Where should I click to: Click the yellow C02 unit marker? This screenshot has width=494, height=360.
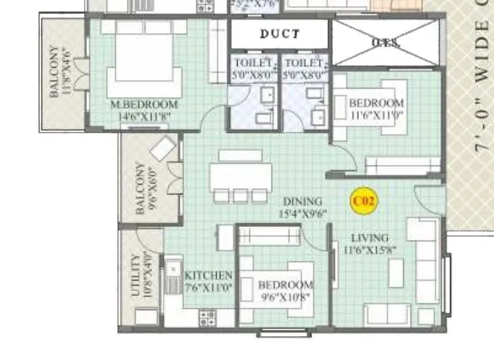point(363,201)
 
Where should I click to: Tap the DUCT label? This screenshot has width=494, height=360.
point(279,33)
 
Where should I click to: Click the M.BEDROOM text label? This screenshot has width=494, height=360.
point(145,105)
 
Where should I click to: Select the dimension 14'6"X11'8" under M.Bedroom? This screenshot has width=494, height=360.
point(145,117)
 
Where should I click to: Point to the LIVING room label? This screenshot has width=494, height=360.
point(369,238)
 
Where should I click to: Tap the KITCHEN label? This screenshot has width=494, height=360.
point(208,276)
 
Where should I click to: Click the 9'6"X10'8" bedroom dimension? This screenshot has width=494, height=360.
point(285,298)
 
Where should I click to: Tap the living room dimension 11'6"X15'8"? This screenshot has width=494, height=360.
point(369,250)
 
